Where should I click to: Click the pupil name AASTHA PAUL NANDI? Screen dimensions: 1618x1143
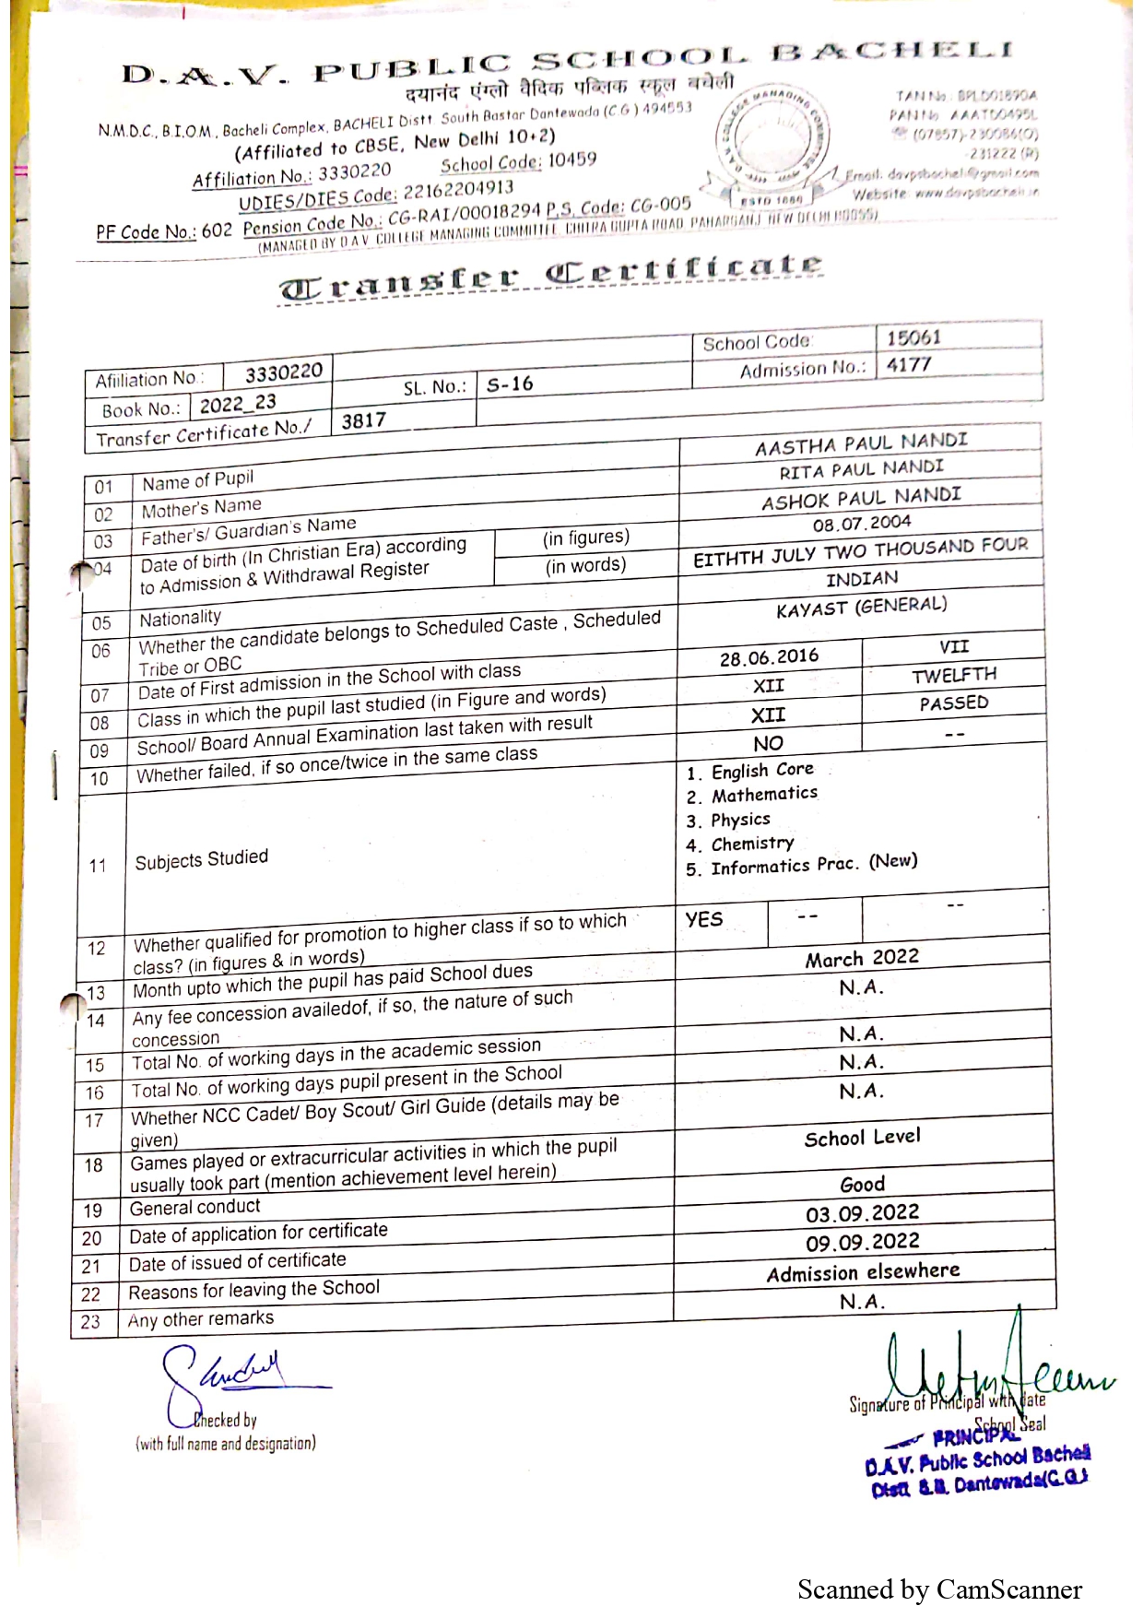click(x=861, y=444)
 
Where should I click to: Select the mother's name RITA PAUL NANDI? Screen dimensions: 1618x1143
click(x=861, y=471)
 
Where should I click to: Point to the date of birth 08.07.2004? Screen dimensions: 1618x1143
click(x=861, y=525)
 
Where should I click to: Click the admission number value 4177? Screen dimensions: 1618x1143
click(x=909, y=366)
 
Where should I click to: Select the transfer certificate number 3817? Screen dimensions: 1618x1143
click(x=363, y=421)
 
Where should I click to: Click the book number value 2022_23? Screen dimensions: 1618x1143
click(x=238, y=404)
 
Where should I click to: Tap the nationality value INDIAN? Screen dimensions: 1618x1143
click(x=861, y=579)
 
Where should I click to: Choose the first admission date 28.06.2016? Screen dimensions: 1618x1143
click(x=769, y=657)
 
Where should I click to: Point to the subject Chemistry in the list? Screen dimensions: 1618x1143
click(x=752, y=844)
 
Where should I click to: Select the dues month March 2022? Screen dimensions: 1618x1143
click(x=862, y=959)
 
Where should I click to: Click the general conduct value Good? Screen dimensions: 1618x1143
click(x=862, y=1184)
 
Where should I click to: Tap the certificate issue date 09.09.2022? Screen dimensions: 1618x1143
click(x=862, y=1243)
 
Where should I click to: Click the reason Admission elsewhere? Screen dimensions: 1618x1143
click(x=863, y=1272)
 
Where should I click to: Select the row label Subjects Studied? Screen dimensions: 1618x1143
click(x=201, y=859)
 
